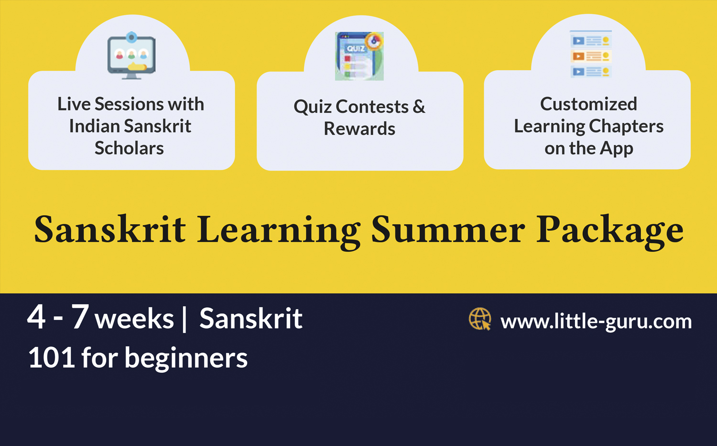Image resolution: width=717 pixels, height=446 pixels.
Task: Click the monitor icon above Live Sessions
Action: tap(131, 55)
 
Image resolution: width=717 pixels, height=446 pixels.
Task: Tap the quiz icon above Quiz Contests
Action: tap(359, 56)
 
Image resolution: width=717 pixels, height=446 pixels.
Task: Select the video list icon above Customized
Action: tap(591, 54)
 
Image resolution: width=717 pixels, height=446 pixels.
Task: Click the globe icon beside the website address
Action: tap(480, 319)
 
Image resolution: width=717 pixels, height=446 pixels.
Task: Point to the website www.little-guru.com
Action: tap(596, 321)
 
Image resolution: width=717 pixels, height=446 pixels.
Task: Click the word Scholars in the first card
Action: tap(129, 148)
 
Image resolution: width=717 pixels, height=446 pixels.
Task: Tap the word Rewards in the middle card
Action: tap(359, 129)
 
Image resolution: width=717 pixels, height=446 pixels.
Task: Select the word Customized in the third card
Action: tap(588, 104)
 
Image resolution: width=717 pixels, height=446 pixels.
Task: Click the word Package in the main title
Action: tap(609, 230)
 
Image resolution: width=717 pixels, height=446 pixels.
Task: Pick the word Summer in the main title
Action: tap(448, 229)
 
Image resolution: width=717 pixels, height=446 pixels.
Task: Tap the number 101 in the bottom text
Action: tap(51, 358)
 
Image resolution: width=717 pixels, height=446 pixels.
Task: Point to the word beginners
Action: tap(186, 359)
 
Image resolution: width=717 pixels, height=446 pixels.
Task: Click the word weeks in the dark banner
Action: tap(134, 319)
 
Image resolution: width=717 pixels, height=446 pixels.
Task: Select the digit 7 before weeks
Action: tap(80, 316)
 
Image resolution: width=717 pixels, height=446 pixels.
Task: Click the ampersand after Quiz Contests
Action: tap(419, 106)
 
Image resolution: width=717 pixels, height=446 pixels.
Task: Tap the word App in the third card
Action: tap(616, 149)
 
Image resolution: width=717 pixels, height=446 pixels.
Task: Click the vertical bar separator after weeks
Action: tap(185, 319)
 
